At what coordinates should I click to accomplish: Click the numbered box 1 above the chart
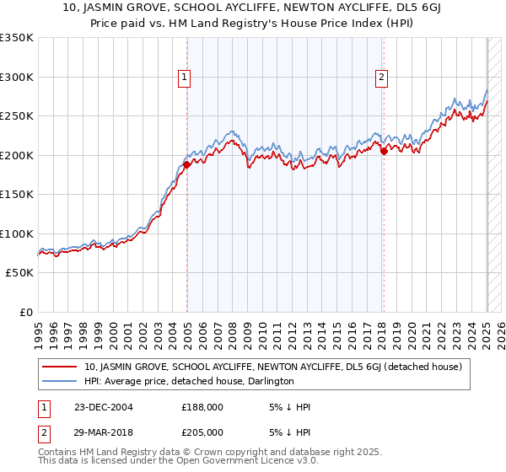click(185, 78)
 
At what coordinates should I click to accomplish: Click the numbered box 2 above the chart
click(382, 78)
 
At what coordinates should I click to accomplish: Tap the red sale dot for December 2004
click(186, 165)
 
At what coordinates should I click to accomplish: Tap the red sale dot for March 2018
click(384, 152)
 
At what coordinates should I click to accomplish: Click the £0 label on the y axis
click(26, 313)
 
